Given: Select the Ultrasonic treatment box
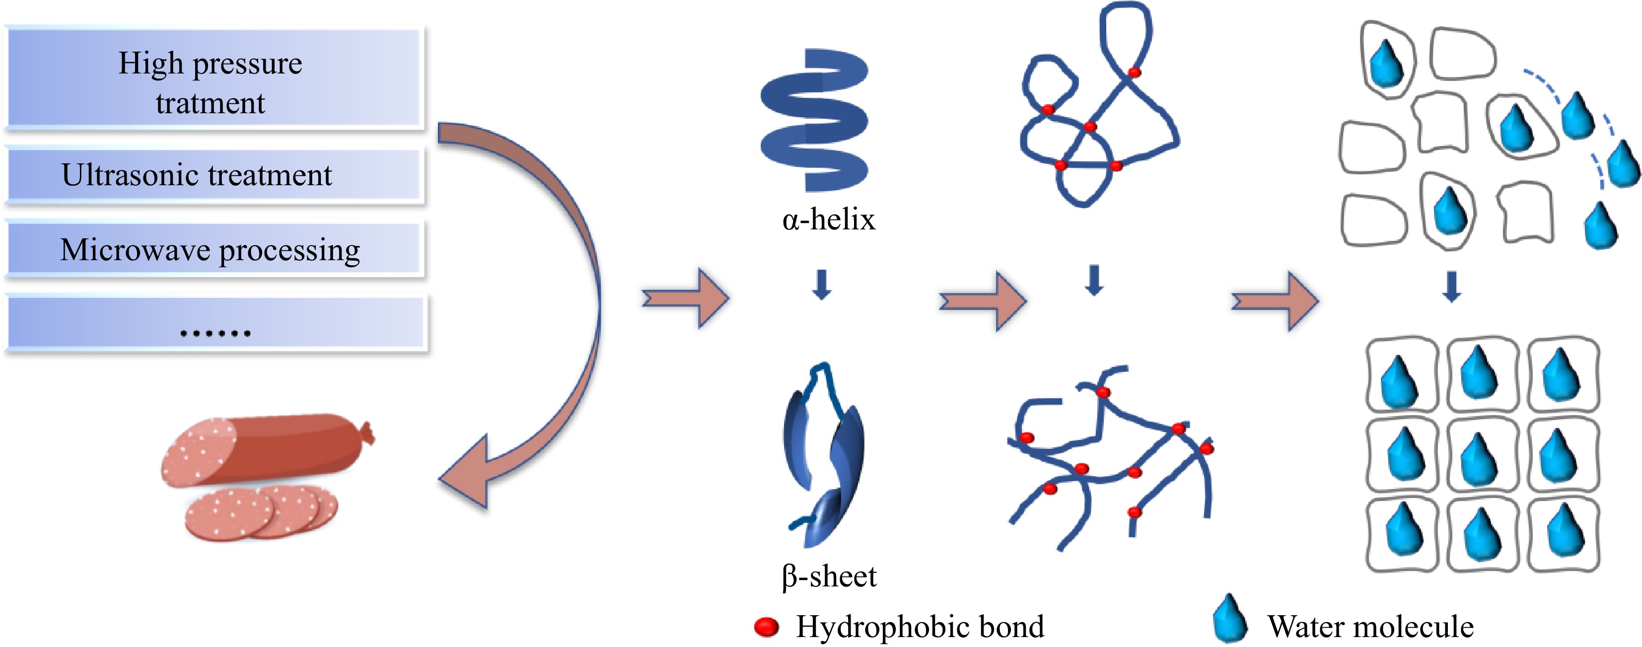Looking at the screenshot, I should [214, 175].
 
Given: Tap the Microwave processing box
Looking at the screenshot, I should [214, 249].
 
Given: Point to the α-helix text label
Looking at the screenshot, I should [829, 220].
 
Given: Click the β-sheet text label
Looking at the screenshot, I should [829, 576].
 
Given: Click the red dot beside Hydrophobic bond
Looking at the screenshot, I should [766, 627].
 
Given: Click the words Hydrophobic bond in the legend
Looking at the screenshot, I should [920, 627].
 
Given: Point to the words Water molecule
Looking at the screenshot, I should [1370, 627].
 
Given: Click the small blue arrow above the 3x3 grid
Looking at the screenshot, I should [1452, 287].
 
